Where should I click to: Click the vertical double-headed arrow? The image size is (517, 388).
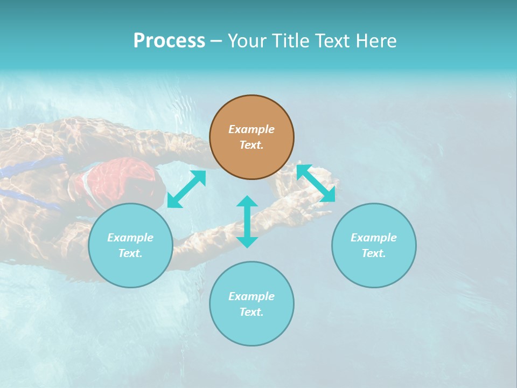click(247, 221)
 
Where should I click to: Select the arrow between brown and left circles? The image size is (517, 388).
click(186, 189)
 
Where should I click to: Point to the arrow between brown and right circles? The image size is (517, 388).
click(316, 183)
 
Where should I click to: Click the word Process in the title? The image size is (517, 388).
click(169, 41)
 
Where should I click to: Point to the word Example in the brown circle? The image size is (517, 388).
click(251, 129)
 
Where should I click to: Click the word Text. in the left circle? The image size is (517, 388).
click(130, 253)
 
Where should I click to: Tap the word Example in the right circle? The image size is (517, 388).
click(374, 238)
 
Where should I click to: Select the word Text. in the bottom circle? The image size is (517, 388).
click(251, 312)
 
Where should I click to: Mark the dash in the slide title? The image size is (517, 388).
click(216, 41)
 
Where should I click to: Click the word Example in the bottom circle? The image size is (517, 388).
click(251, 296)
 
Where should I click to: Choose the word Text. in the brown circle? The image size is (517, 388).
click(251, 145)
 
